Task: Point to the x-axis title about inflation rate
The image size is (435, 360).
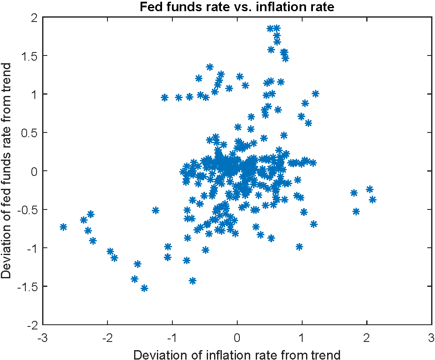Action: (x=237, y=354)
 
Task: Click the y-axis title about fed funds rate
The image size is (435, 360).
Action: (x=7, y=171)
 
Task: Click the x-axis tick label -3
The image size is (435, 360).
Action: (x=42, y=337)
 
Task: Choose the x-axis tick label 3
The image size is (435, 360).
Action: (x=431, y=337)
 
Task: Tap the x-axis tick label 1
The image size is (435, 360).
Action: (x=302, y=337)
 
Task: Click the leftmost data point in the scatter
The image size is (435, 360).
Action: (x=63, y=227)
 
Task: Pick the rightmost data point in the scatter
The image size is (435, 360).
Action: (x=372, y=200)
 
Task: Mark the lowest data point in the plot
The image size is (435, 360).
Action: (x=144, y=288)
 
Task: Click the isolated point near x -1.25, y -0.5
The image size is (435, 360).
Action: (x=156, y=210)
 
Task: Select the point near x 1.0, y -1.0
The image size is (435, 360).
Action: (x=299, y=247)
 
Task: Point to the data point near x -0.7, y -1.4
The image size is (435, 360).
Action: (x=193, y=280)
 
